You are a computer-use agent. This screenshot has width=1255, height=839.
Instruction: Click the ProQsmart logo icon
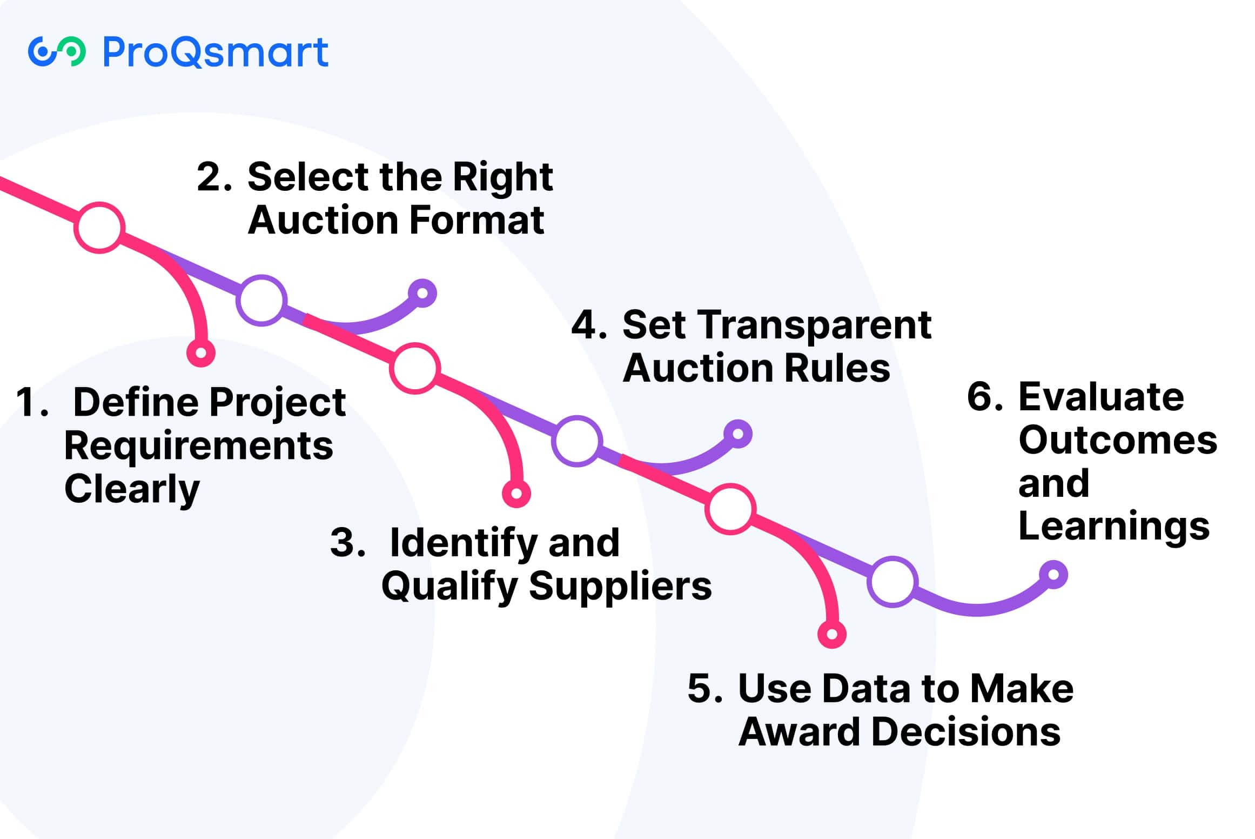pos(57,52)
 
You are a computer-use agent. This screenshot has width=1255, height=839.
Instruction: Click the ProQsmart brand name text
pos(215,52)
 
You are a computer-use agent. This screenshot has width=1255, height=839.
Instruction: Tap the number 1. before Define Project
pos(32,402)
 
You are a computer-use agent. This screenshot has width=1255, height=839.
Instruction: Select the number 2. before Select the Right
pos(214,177)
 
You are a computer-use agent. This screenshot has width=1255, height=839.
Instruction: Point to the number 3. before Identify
pos(347,542)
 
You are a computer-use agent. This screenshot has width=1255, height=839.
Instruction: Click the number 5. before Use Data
pos(704,688)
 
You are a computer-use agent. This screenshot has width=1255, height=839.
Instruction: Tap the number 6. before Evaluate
pos(984,396)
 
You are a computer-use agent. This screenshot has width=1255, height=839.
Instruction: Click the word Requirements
pos(199,447)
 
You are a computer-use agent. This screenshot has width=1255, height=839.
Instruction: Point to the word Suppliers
pos(620,585)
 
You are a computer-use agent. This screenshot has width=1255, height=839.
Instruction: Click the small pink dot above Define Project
pos(201,353)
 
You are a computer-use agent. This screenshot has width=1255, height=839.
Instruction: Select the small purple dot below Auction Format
pos(422,294)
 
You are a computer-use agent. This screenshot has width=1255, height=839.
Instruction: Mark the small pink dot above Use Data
pos(832,634)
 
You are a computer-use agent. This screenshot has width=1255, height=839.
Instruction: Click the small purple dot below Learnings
pos(1053,575)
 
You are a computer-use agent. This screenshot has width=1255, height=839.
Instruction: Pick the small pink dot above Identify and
pos(516,494)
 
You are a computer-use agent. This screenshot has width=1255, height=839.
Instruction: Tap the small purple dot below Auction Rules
pos(738,434)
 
